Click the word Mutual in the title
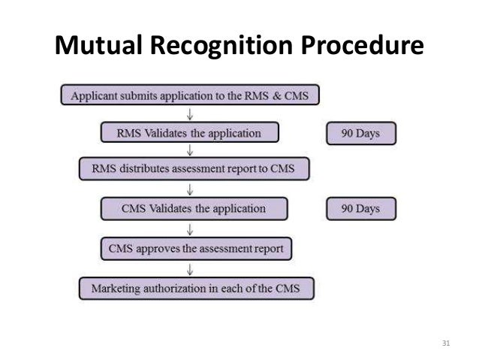[x=99, y=48]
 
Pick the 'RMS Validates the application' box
[x=189, y=134]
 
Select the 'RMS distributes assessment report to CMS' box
[x=194, y=170]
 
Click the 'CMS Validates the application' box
[x=194, y=208]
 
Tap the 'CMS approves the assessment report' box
[x=196, y=248]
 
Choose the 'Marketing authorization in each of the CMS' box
[x=196, y=288]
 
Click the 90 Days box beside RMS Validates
[x=360, y=134]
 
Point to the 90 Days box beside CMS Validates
[x=360, y=208]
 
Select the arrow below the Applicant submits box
[x=191, y=114]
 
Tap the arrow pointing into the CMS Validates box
[x=191, y=189]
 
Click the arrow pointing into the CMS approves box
[x=191, y=228]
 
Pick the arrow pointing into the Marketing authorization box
[x=191, y=268]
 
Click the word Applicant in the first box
[x=95, y=95]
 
